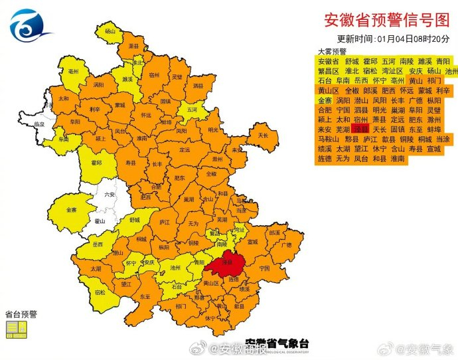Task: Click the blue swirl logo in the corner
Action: pos(30,25)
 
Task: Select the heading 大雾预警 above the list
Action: pos(331,50)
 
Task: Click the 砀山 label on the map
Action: pos(109,31)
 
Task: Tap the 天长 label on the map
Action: pos(263,135)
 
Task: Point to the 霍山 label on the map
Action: pos(100,221)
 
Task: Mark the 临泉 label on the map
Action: pos(40,124)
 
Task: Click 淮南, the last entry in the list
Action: pos(398,159)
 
